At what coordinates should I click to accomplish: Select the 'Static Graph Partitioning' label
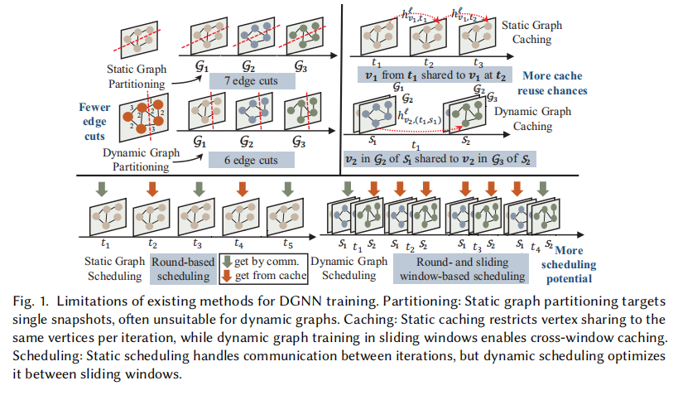tap(137, 75)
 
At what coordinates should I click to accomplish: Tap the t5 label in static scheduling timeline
tap(286, 245)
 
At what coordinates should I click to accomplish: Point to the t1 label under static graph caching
tap(377, 61)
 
